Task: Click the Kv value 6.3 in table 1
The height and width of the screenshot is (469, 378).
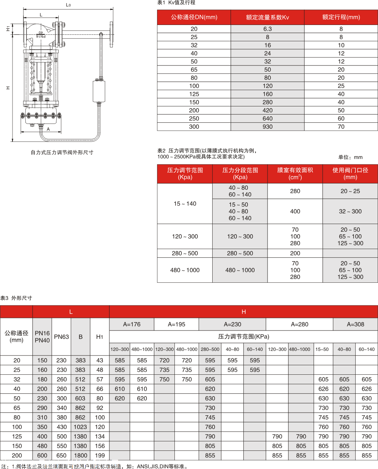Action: (268, 29)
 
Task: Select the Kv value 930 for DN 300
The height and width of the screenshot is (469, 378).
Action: (268, 127)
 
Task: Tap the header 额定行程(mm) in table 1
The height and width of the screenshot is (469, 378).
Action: (341, 17)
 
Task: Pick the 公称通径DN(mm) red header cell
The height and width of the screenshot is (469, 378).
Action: (194, 17)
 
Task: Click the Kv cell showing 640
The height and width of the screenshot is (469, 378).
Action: (268, 118)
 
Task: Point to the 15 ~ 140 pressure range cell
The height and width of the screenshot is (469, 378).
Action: (185, 204)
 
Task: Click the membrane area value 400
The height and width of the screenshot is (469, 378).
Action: (295, 212)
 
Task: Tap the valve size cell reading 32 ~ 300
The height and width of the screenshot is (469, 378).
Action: (350, 212)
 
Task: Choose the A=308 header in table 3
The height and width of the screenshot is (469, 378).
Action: (355, 324)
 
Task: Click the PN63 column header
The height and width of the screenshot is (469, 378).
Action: (61, 337)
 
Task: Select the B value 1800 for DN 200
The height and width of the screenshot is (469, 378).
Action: (80, 455)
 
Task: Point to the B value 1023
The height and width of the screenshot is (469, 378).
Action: (80, 427)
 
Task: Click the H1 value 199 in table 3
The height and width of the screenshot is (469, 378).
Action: (100, 455)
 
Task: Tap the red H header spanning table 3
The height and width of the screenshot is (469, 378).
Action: (243, 312)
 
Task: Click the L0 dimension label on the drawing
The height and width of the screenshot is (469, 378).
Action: (68, 5)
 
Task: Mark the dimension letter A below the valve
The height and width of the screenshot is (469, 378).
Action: (48, 129)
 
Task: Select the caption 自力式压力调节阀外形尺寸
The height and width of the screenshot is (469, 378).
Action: (62, 153)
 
